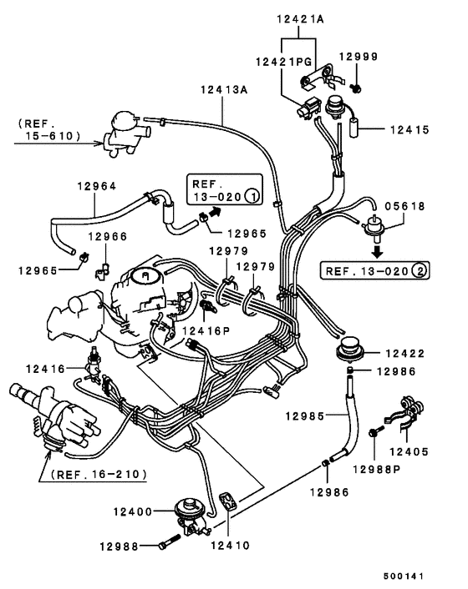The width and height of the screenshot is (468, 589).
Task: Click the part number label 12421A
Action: tap(298, 18)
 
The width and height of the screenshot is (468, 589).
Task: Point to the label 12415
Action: tap(409, 130)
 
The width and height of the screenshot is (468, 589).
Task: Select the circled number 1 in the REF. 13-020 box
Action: tap(250, 197)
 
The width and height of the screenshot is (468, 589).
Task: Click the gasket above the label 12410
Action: tap(229, 503)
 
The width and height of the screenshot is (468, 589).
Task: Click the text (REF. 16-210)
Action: tap(99, 474)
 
